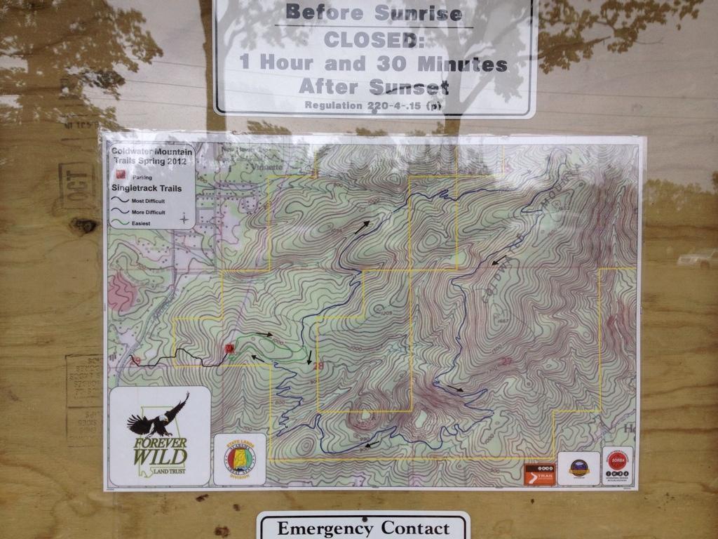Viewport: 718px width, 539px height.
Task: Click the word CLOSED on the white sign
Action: tap(374, 39)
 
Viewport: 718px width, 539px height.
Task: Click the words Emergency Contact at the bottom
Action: tap(363, 528)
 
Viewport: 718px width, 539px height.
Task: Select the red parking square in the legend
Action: tap(120, 178)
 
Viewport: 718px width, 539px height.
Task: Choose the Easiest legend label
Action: tap(141, 223)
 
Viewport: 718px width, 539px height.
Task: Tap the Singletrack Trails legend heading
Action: tap(147, 188)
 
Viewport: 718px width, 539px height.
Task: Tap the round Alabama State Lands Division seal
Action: tap(240, 459)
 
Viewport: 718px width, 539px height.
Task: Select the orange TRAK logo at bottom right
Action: tap(539, 474)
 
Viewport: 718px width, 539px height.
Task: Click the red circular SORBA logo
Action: tap(617, 460)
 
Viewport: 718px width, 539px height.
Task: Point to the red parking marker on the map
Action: tap(229, 348)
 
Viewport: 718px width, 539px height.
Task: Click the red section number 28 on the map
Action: tap(319, 365)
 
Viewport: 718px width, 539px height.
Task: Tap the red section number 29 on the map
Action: tap(136, 360)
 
